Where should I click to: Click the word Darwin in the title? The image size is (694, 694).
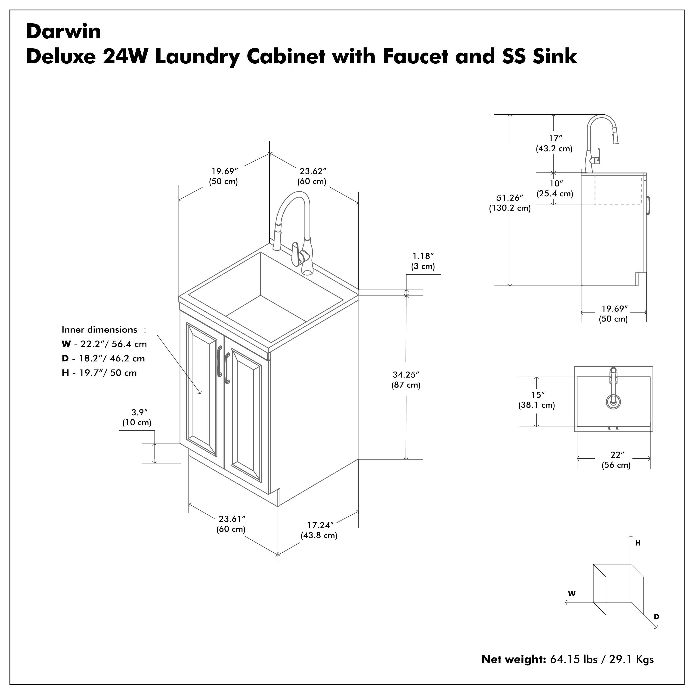point(64,32)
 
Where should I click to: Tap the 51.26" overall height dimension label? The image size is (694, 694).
point(509,203)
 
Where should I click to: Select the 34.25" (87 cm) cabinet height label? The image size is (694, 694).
point(406,380)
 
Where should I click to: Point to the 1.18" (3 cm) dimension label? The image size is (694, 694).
point(423,261)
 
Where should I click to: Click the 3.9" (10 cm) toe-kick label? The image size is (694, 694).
point(137,417)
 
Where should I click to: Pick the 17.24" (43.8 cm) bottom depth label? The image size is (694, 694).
point(319,530)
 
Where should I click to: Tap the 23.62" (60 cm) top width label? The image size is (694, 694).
point(312,176)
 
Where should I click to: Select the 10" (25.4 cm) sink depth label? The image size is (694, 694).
point(555,189)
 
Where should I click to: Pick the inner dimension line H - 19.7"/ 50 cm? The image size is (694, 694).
point(99,373)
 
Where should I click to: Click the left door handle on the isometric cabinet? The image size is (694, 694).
point(219,361)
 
